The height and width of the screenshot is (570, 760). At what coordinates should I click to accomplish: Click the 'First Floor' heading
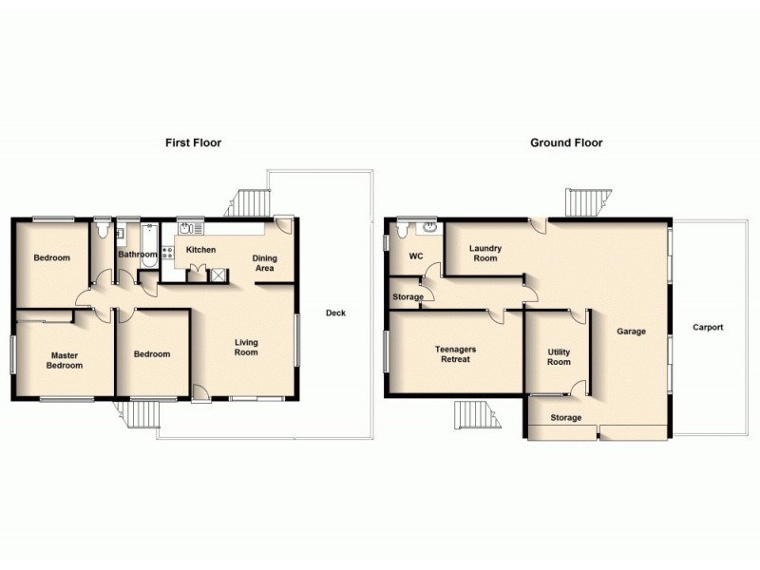[x=194, y=142]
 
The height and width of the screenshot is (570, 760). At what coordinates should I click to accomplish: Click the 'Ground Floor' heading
[x=566, y=142]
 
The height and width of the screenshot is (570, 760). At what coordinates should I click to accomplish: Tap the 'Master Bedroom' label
[x=66, y=360]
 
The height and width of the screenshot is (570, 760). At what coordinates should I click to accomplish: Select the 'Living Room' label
[x=246, y=348]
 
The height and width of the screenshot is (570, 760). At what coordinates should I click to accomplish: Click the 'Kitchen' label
[x=200, y=250]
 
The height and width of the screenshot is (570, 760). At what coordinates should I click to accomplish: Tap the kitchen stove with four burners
[x=168, y=254]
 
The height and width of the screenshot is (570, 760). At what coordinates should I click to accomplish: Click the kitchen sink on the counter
[x=187, y=228]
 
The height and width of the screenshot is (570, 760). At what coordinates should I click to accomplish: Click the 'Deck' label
[x=335, y=313]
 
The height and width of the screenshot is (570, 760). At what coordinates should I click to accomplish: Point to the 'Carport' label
[x=708, y=328]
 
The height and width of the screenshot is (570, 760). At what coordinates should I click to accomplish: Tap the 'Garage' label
[x=631, y=332]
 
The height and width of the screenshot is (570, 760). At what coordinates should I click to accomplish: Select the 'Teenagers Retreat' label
[x=456, y=354]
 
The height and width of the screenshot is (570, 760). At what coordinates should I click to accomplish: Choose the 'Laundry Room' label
[x=484, y=253]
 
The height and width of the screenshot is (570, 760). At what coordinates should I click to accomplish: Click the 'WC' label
[x=415, y=256]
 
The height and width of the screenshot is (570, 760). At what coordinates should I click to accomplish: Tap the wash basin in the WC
[x=429, y=227]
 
